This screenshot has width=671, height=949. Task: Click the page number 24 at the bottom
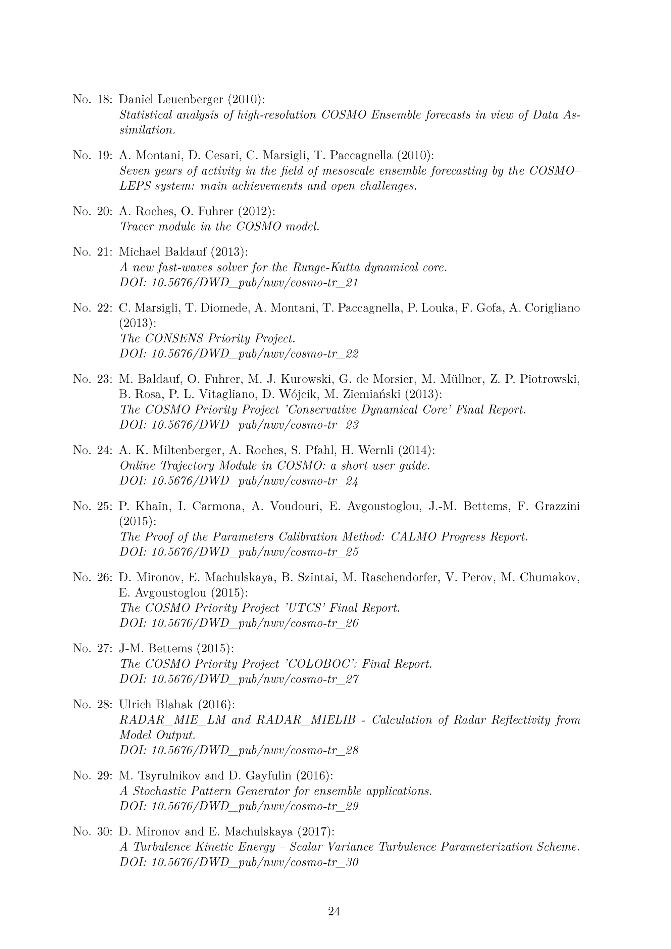(334, 911)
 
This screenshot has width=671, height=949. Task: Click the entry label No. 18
(93, 99)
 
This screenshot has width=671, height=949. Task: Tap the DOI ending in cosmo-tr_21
(239, 283)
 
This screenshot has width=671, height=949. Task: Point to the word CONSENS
(173, 338)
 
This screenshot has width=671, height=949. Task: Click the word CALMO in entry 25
(414, 537)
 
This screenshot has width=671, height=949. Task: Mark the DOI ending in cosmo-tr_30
(239, 863)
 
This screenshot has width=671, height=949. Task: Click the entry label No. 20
(93, 211)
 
